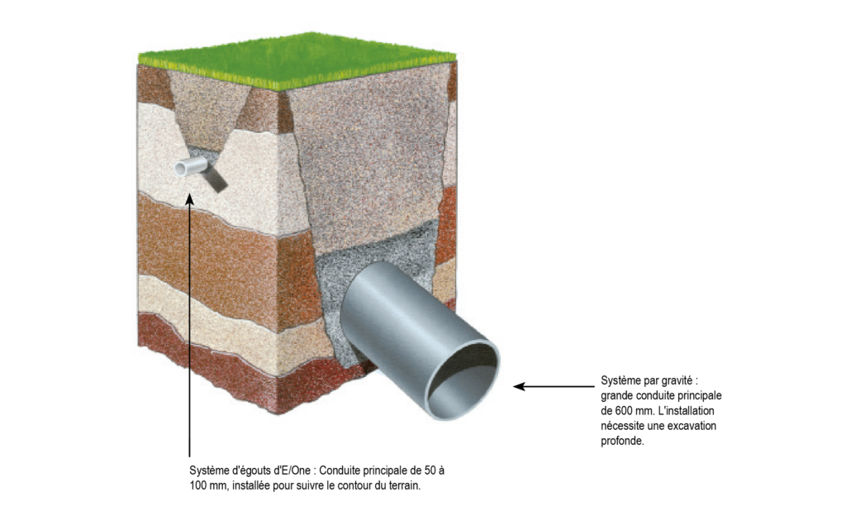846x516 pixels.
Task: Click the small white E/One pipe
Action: [191, 166]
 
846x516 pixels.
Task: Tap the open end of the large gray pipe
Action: [463, 380]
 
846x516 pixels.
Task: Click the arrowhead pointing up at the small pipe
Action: [189, 200]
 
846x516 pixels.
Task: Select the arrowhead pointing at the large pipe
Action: [519, 386]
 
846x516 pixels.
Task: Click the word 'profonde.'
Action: [623, 441]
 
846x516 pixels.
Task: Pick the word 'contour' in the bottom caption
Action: [352, 485]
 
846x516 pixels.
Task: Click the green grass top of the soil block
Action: [297, 60]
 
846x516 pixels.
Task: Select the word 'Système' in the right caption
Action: [619, 380]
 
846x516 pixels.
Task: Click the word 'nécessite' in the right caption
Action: [622, 425]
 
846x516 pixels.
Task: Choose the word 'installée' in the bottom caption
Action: [251, 485]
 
